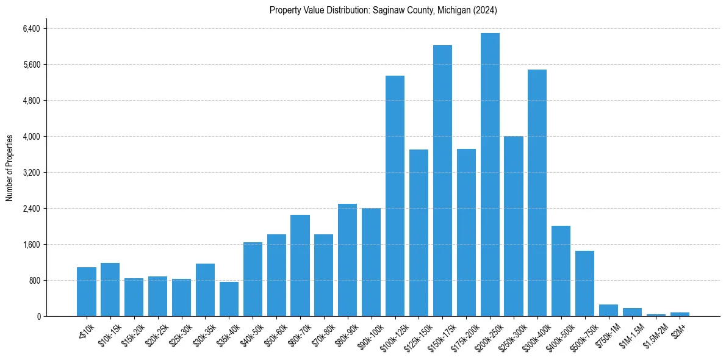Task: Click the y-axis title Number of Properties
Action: pyautogui.click(x=10, y=167)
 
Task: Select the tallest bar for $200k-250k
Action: pyautogui.click(x=490, y=175)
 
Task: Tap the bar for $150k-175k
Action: pyautogui.click(x=442, y=181)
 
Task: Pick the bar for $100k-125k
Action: pyautogui.click(x=395, y=196)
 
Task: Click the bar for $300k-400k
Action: pyautogui.click(x=537, y=193)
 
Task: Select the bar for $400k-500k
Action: pyautogui.click(x=561, y=271)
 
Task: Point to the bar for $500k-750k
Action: pyautogui.click(x=584, y=283)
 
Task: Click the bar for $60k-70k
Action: pyautogui.click(x=300, y=265)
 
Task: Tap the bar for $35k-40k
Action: pyautogui.click(x=229, y=299)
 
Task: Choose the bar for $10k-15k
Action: pyautogui.click(x=110, y=289)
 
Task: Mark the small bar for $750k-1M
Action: pyautogui.click(x=608, y=310)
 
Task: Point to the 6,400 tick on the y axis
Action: pyautogui.click(x=30, y=29)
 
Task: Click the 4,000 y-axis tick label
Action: pyautogui.click(x=30, y=137)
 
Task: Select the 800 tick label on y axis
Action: pyautogui.click(x=34, y=281)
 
